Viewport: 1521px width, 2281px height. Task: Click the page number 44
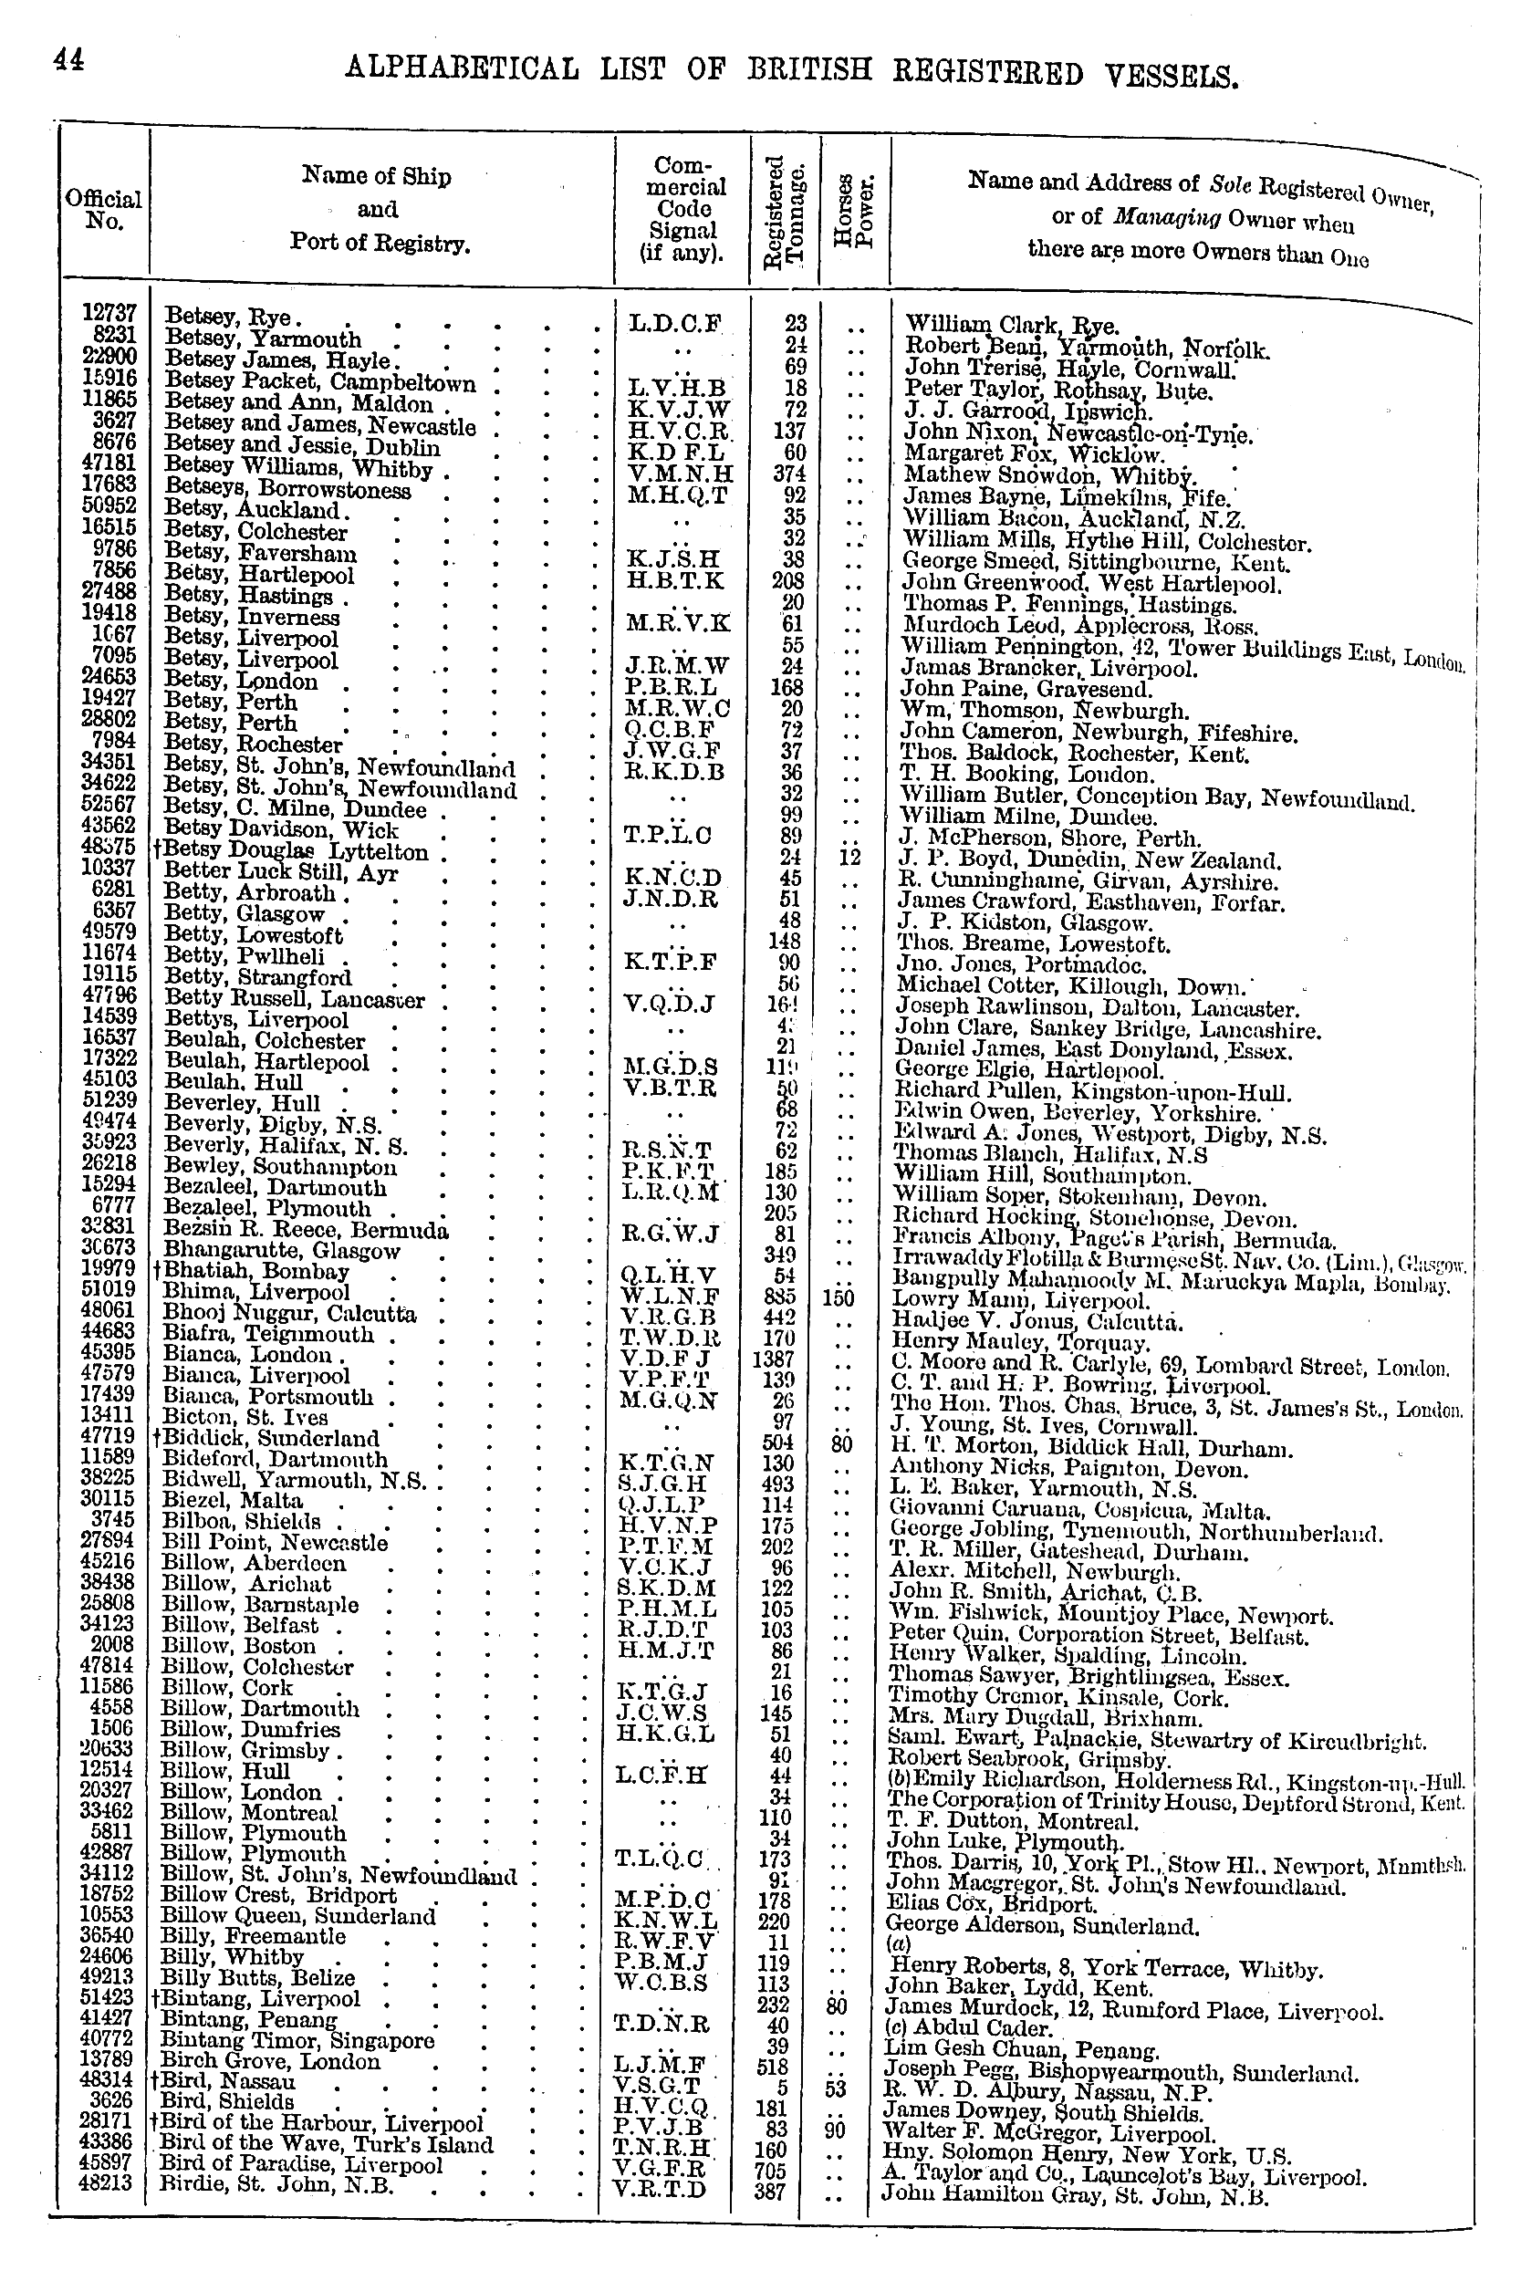(68, 60)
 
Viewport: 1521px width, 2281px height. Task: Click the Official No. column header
(104, 210)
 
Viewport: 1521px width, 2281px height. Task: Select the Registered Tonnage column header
(785, 210)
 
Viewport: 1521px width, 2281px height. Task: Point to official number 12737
(109, 312)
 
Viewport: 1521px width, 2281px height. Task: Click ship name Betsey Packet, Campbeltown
(320, 382)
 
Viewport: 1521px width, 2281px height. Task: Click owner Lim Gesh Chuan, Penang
(1023, 2048)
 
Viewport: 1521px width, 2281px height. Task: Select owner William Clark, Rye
(1012, 325)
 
